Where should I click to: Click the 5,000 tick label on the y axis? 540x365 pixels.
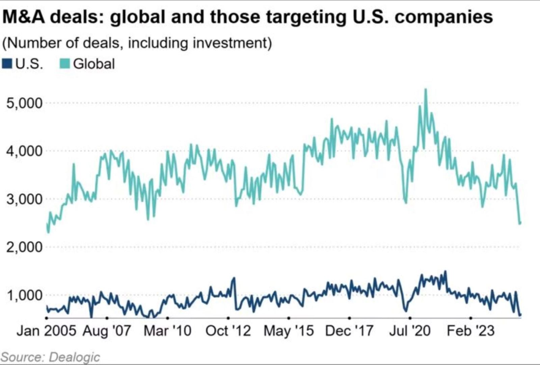25,103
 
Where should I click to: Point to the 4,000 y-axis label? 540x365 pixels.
25,151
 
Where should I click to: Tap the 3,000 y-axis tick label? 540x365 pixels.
25,199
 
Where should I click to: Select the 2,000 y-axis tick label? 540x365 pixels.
25,247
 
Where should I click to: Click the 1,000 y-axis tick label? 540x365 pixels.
25,295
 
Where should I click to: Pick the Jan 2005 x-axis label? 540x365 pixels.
46,331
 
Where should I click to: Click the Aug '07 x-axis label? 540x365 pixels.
107,331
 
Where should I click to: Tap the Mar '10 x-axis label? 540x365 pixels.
167,331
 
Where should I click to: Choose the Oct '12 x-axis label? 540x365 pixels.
228,331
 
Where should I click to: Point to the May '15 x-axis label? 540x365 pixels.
289,331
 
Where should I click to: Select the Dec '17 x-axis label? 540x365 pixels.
349,331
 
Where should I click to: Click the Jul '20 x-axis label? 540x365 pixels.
410,331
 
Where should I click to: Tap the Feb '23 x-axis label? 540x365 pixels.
470,331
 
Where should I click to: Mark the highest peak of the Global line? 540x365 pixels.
426,90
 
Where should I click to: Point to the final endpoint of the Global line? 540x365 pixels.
520,223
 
